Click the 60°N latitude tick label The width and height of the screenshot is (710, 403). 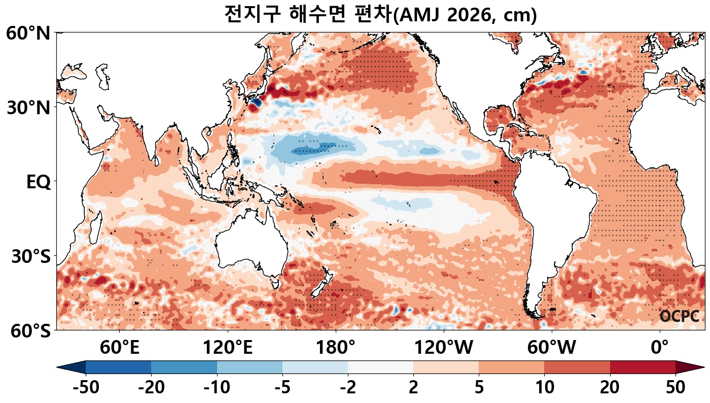coord(28,34)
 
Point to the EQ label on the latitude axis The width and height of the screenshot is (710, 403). coord(38,182)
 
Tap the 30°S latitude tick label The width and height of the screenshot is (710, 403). coord(31,256)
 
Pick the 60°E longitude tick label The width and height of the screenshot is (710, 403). coord(120,348)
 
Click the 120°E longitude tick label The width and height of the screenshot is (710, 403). coord(228,348)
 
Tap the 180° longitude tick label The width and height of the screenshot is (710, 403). coord(336,348)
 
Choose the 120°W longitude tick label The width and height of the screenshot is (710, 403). coord(444,348)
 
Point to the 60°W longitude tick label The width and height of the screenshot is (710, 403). coord(552,348)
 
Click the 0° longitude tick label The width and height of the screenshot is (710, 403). coord(660,348)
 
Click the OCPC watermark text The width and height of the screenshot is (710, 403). coord(679,316)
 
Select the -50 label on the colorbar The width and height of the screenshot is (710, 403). coord(86,388)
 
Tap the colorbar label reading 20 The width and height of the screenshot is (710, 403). coord(610,388)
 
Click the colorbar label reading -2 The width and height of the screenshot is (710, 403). coord(348,388)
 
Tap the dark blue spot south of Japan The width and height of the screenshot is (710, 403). coord(255,103)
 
